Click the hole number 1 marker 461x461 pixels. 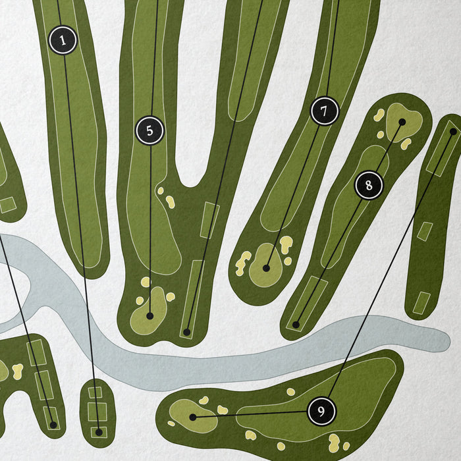click(x=63, y=40)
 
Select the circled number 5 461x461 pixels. click(x=149, y=130)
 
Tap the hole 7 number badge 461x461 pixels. click(x=325, y=111)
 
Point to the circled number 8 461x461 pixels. click(x=369, y=185)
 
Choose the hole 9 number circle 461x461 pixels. click(x=321, y=411)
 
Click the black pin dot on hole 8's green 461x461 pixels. click(x=402, y=122)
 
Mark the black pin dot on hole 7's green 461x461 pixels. click(x=266, y=268)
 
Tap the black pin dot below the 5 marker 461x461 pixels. click(x=150, y=316)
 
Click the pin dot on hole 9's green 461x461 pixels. click(x=193, y=417)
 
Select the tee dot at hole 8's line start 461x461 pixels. click(x=296, y=325)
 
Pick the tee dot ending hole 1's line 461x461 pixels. click(x=99, y=432)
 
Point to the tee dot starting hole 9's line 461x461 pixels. click(x=453, y=132)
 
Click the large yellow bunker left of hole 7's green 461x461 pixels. click(x=243, y=263)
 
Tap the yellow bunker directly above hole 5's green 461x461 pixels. click(x=146, y=282)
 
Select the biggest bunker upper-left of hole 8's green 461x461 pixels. click(x=379, y=115)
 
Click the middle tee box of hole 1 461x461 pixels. click(x=97, y=412)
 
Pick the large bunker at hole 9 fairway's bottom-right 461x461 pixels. click(x=335, y=443)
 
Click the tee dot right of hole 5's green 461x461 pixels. click(x=186, y=332)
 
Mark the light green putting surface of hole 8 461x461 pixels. click(x=404, y=122)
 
